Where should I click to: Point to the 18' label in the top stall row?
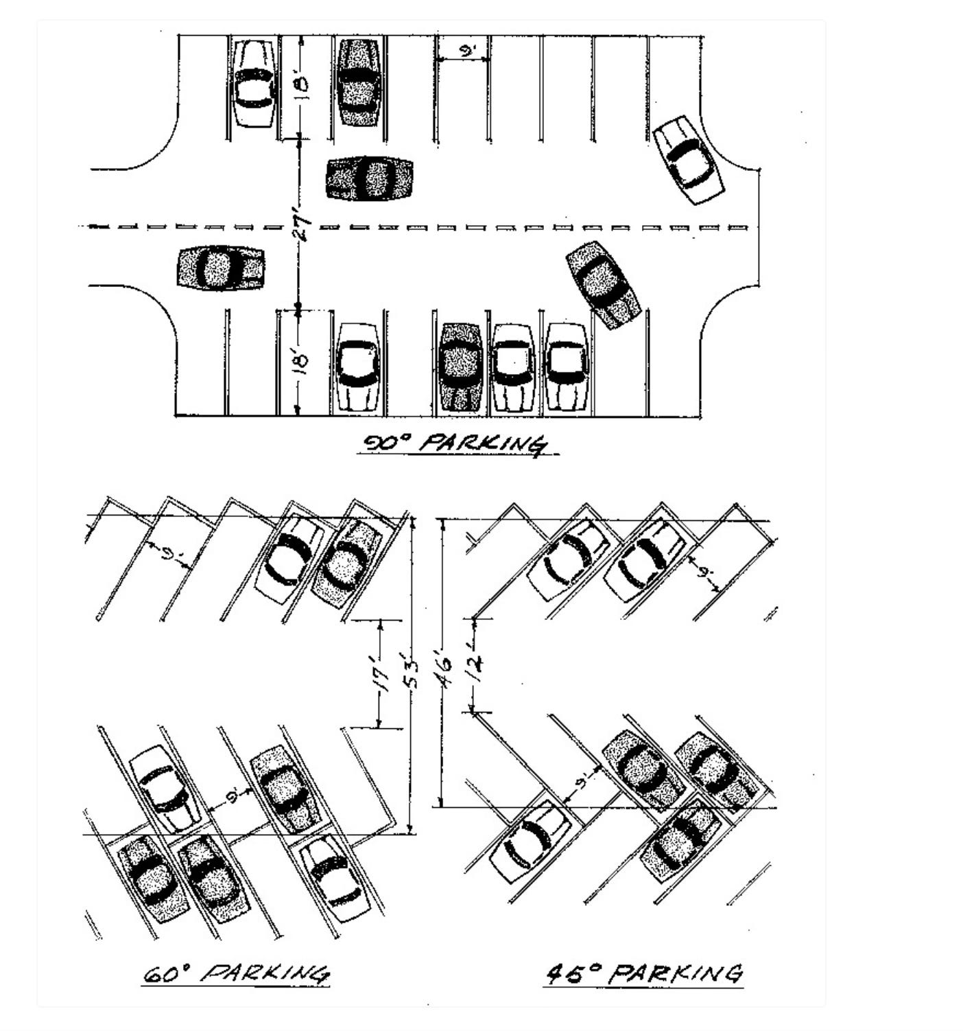tap(302, 87)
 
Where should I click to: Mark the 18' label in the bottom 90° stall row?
tap(302, 361)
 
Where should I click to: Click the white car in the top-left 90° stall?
tap(254, 84)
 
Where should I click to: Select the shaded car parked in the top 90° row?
tap(359, 82)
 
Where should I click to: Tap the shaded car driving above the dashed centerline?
tap(370, 178)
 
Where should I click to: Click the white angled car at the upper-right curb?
tap(688, 160)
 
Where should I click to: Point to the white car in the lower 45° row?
tap(531, 841)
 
